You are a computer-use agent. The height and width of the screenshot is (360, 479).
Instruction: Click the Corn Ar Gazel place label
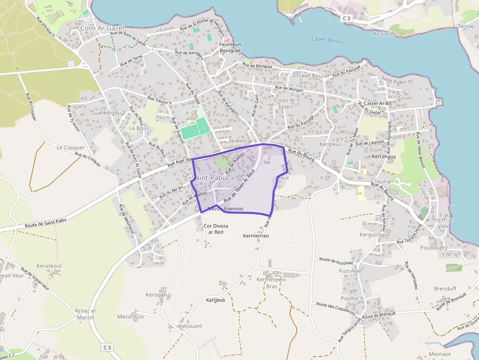click(x=102, y=28)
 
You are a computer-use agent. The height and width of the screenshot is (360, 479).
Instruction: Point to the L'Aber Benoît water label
click(x=328, y=41)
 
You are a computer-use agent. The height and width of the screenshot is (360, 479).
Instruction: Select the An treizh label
click(x=384, y=34)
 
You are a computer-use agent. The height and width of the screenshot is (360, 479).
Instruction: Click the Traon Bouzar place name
click(x=312, y=76)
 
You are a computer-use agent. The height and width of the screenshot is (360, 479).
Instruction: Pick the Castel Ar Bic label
click(x=378, y=104)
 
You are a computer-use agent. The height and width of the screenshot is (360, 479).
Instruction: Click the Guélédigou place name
click(x=106, y=112)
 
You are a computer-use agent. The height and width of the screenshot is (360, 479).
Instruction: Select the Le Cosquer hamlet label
click(x=71, y=148)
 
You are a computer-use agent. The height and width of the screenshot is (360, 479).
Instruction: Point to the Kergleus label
click(x=330, y=145)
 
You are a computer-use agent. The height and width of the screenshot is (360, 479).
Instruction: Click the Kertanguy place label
click(x=384, y=156)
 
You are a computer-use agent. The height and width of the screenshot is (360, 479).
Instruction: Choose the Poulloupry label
click(x=434, y=248)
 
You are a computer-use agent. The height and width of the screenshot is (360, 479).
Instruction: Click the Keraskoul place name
click(x=49, y=266)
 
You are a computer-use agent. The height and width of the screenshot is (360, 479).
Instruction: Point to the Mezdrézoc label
click(x=131, y=317)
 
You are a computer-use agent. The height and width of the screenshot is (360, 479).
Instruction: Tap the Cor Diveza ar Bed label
click(x=216, y=229)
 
